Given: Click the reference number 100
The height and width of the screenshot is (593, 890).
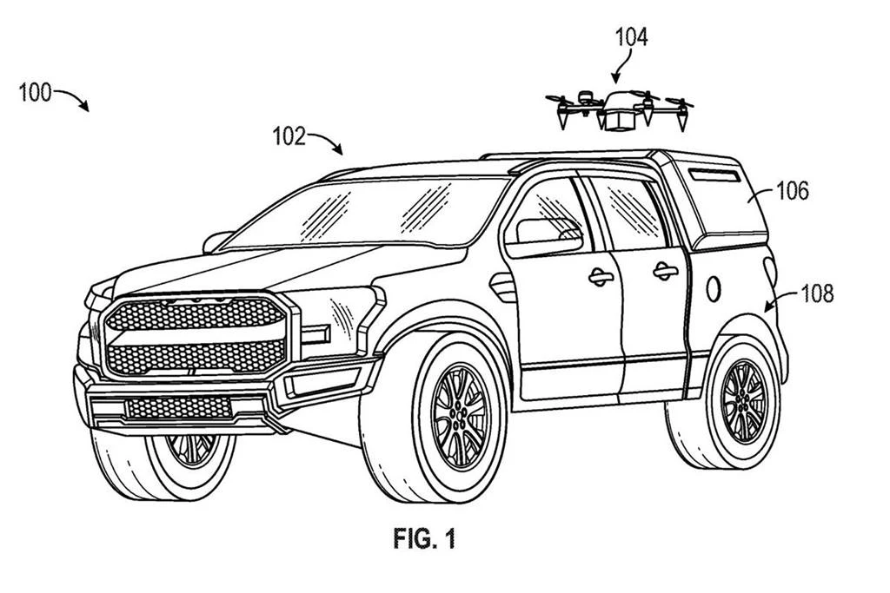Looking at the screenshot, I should [36, 92].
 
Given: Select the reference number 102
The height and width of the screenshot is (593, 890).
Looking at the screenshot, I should [289, 136].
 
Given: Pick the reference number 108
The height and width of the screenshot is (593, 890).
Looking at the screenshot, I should [815, 293].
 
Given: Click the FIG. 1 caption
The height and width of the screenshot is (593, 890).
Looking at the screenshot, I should [423, 539].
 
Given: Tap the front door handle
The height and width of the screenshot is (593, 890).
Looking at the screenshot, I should [601, 277].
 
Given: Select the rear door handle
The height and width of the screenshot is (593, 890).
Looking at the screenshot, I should [666, 272].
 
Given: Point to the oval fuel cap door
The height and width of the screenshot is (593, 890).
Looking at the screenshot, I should [714, 288].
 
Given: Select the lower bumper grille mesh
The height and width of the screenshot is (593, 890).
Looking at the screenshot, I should [179, 406].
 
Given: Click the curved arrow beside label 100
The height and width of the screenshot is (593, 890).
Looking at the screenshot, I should [74, 98].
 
